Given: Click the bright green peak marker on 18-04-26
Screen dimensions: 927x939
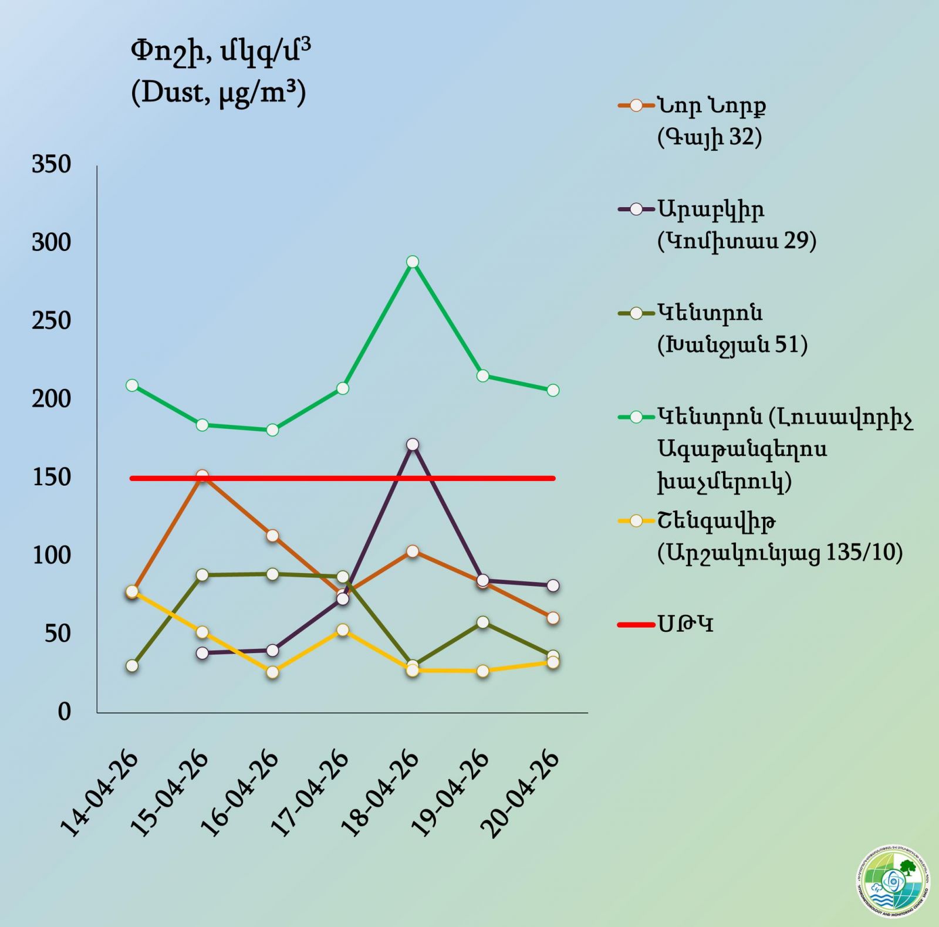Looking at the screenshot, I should [x=413, y=262].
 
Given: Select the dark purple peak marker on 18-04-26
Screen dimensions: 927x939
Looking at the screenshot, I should [x=413, y=445].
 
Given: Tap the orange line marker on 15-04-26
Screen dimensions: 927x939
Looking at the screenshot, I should [x=202, y=476].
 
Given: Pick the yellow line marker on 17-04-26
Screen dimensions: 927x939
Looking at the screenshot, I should [x=343, y=630].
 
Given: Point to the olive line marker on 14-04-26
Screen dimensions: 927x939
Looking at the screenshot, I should [x=132, y=666].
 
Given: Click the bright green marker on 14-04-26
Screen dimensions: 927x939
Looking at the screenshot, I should [x=132, y=385].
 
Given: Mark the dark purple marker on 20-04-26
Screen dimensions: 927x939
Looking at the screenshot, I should [x=553, y=586].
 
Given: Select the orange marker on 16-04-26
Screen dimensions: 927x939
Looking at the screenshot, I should [x=272, y=536].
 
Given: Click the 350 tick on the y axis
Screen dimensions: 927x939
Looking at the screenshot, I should [x=52, y=164].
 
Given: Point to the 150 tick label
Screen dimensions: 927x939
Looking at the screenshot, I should [x=52, y=477].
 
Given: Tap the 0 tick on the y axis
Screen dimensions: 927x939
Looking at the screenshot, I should [x=64, y=712].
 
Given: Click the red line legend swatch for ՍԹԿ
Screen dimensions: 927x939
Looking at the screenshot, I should [x=636, y=624].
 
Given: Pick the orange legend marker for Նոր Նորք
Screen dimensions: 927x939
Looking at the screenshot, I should [x=636, y=106].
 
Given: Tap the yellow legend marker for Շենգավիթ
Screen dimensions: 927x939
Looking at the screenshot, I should [x=636, y=520].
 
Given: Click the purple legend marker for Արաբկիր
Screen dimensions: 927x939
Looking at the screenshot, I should [x=636, y=209].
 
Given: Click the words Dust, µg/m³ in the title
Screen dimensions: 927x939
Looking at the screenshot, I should [x=218, y=93].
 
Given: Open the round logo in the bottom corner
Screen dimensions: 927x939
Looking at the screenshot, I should [x=892, y=881].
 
